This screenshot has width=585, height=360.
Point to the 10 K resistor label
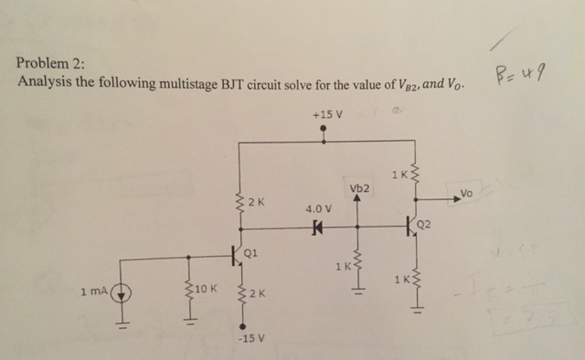(x=206, y=291)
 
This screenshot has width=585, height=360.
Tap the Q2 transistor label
(x=422, y=224)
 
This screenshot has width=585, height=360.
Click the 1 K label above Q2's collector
(x=397, y=175)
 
